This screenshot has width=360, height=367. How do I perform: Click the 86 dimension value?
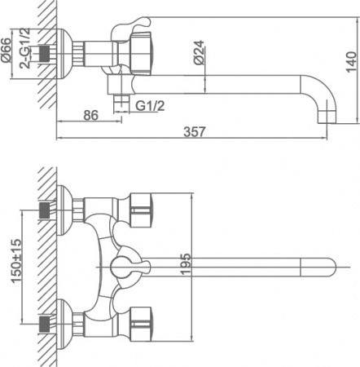coord(91,116)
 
